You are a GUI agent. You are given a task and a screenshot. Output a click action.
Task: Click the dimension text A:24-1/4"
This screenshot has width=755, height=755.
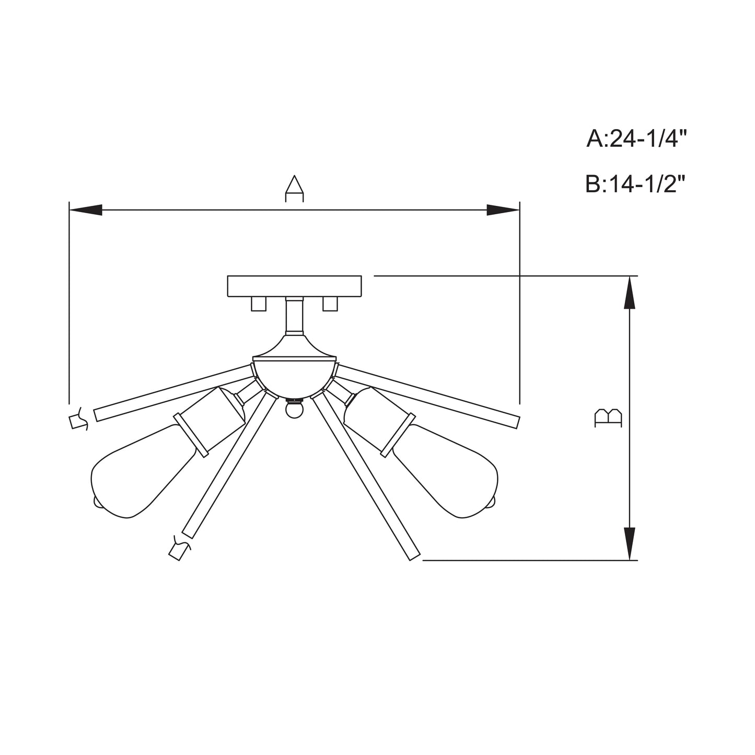tap(636, 138)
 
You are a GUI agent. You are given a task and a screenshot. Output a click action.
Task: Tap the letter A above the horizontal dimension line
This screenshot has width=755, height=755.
tap(294, 189)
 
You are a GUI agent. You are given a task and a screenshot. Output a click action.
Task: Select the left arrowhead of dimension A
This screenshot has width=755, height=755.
tap(85, 210)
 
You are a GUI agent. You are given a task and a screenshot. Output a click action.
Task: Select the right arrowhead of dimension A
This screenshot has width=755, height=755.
tap(503, 210)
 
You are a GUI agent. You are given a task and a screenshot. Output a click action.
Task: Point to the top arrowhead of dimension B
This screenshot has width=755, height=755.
tap(629, 293)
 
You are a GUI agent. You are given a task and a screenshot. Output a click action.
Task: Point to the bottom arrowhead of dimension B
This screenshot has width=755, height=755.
tap(629, 544)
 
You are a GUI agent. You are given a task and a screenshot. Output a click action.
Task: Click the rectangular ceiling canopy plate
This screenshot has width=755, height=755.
tap(294, 286)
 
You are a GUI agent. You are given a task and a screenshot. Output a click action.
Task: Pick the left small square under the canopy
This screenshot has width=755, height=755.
tap(259, 304)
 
